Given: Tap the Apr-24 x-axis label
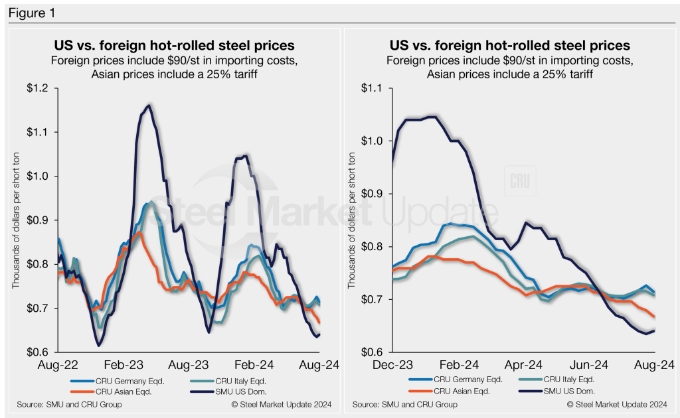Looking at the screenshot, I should tap(525, 365).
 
